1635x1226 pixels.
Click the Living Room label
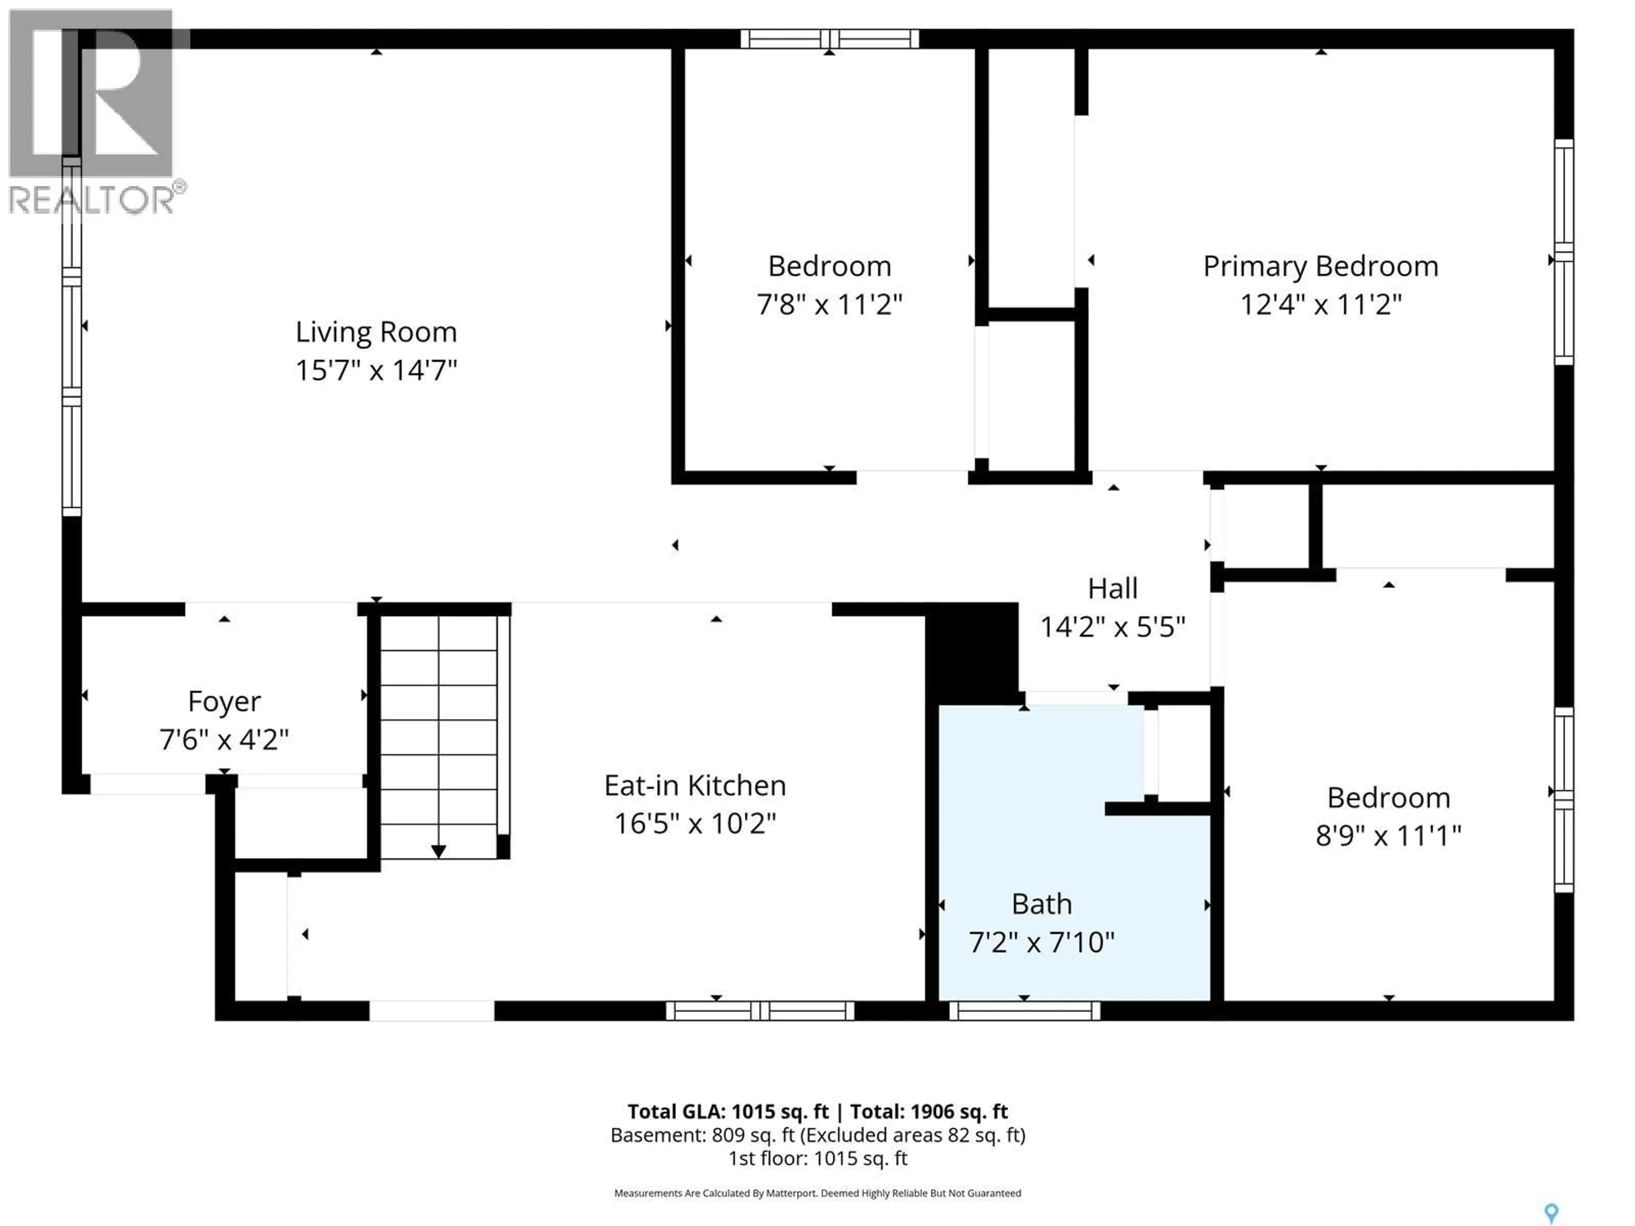click(x=376, y=332)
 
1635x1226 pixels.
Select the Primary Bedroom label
click(x=1320, y=266)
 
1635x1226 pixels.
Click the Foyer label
click(x=224, y=701)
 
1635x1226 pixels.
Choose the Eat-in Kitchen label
click(x=695, y=785)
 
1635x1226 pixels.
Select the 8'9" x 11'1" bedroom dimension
click(x=1388, y=836)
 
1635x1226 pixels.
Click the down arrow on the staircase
click(x=438, y=851)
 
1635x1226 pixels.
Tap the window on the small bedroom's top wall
click(x=829, y=38)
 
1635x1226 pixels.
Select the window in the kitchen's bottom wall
click(x=760, y=1010)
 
